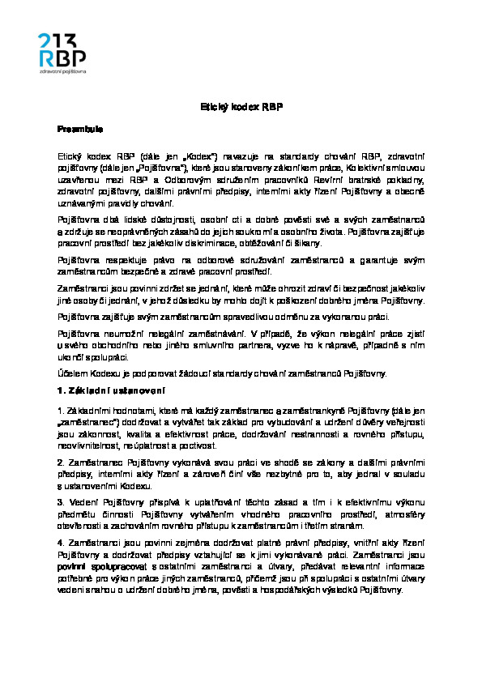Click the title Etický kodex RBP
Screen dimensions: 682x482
(x=241, y=107)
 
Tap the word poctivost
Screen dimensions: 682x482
(x=201, y=445)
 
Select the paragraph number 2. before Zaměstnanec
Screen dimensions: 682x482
(x=60, y=460)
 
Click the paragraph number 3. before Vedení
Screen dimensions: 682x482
(x=60, y=501)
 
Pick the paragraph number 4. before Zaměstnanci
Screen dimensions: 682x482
(x=60, y=543)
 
